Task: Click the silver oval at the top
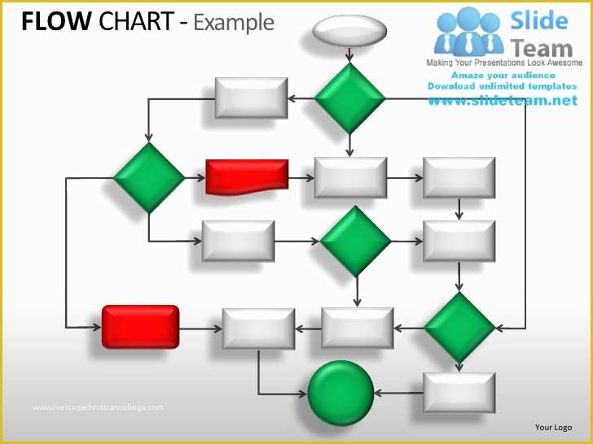point(349,32)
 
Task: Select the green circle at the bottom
point(340,394)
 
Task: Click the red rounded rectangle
point(140,327)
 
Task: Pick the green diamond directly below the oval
point(349,98)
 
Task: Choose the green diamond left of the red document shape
point(148,178)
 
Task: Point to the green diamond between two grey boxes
point(355,242)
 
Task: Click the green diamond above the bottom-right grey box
point(459,328)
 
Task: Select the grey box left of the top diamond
point(251,98)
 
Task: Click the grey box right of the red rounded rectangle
point(258,329)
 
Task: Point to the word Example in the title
point(234,22)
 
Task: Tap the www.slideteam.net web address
point(501,100)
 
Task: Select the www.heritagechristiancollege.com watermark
point(98,407)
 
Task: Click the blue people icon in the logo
point(468,33)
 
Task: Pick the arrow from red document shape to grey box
point(301,178)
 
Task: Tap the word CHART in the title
point(135,22)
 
